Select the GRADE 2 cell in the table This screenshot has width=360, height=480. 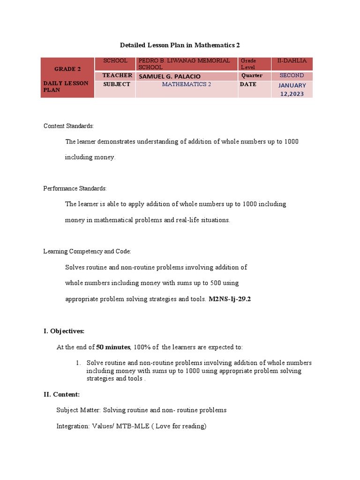(x=67, y=69)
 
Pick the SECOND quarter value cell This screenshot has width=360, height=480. (x=292, y=75)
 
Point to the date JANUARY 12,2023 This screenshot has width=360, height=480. (x=292, y=90)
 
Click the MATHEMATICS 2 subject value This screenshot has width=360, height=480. (x=187, y=84)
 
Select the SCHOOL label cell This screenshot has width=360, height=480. (x=115, y=61)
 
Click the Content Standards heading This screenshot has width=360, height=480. (x=69, y=126)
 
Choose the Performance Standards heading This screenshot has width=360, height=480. (x=75, y=188)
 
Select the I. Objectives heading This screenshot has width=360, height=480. (x=64, y=331)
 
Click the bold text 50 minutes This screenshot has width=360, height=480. (x=112, y=347)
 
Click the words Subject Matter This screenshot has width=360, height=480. (x=78, y=410)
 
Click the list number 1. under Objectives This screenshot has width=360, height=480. (x=79, y=363)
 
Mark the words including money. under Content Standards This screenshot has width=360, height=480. (x=90, y=157)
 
